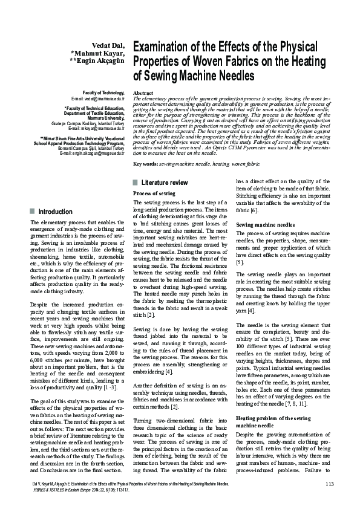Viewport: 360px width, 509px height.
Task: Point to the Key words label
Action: point(145,163)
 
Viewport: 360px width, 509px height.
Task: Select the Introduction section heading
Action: point(55,212)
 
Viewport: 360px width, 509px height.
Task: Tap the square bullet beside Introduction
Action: point(31,212)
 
